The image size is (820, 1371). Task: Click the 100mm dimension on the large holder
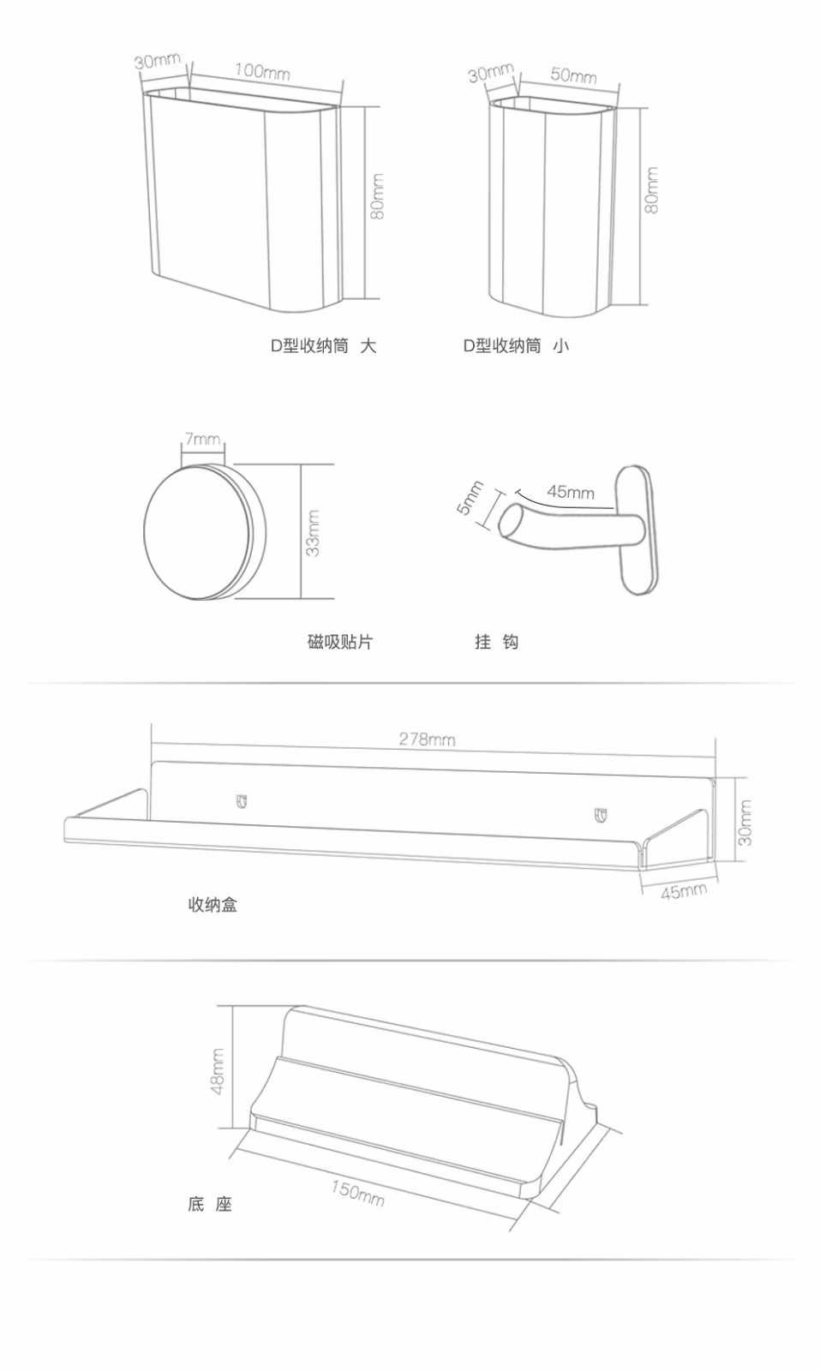(x=262, y=72)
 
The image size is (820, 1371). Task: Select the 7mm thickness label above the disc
(x=202, y=439)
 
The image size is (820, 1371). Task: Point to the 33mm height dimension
(x=313, y=533)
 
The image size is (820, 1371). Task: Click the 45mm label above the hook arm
(x=571, y=492)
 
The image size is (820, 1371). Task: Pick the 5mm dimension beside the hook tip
(x=470, y=498)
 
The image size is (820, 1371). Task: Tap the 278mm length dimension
(x=427, y=739)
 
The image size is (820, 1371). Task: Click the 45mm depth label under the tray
(x=684, y=891)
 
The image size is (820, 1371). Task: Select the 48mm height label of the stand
(x=218, y=1071)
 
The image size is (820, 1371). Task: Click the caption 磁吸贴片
(x=340, y=642)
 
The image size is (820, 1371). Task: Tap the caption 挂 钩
(x=496, y=642)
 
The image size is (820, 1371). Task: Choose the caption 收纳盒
(x=212, y=905)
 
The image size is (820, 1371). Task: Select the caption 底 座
(x=210, y=1205)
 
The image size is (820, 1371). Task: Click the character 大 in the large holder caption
(x=368, y=346)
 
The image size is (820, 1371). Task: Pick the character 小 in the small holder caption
(x=561, y=346)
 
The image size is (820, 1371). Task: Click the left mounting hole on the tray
(x=242, y=801)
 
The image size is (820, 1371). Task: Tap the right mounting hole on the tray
(x=601, y=815)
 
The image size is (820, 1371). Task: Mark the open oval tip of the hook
(x=512, y=522)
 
